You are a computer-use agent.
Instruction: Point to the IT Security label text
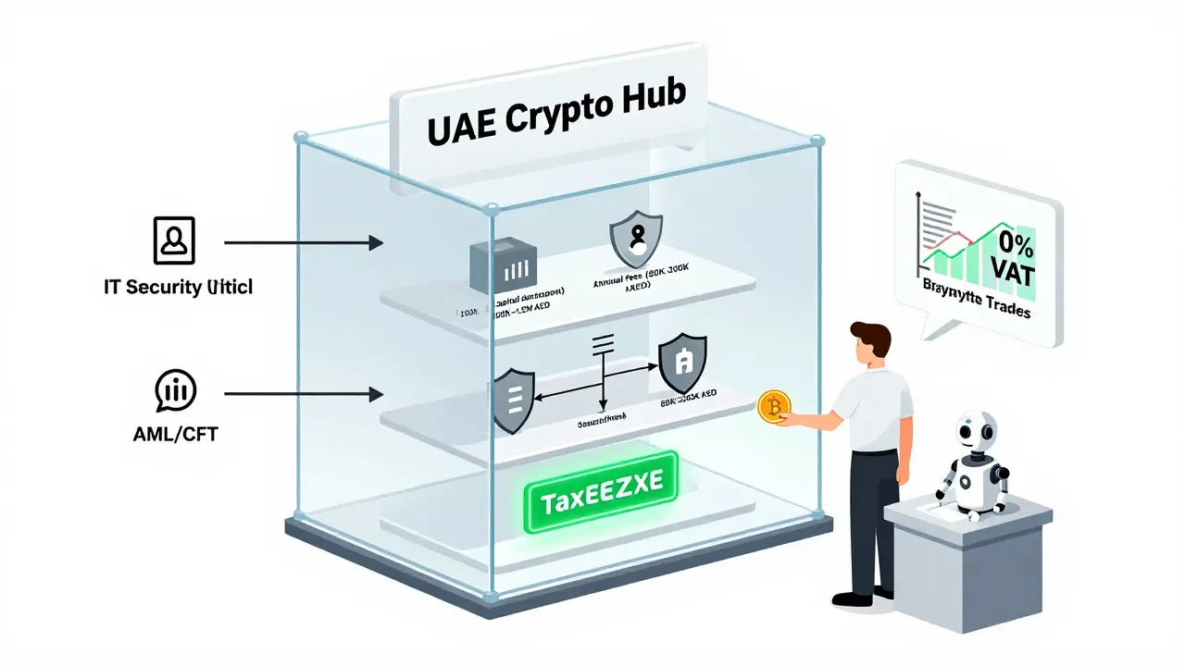[x=179, y=287]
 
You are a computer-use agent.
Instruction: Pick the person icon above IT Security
[x=173, y=241]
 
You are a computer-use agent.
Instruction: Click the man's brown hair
[x=869, y=336]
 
